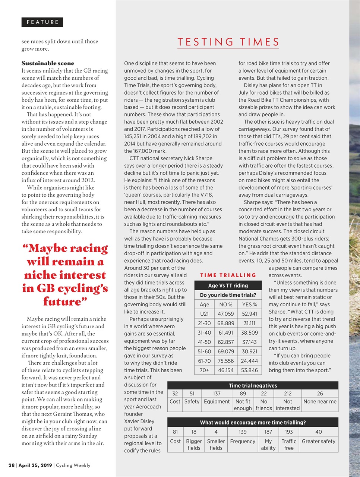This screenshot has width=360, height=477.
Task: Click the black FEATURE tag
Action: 42,22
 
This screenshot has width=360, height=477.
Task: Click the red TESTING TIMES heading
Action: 228,42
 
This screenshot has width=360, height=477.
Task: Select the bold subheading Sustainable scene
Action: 48,63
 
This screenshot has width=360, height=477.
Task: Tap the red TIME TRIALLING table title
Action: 228,275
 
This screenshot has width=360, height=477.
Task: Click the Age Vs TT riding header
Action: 228,285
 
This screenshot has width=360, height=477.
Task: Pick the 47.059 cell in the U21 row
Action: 225,314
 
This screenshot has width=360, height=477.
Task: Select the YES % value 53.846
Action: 249,370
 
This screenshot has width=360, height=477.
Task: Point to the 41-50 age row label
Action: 204,342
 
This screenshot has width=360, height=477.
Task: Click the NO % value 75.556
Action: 225,361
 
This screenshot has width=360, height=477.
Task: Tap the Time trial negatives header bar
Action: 253,385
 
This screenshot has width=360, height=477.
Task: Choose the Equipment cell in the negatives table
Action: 217,401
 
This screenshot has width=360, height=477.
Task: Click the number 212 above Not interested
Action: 287,393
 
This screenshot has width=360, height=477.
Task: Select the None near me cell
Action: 320,401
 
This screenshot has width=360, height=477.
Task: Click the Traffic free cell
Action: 289,444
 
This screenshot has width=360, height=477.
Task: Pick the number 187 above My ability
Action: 268,432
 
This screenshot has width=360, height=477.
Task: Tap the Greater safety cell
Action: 318,441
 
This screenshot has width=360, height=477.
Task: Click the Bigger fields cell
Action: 194,444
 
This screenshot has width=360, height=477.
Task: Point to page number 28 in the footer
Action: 12,465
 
